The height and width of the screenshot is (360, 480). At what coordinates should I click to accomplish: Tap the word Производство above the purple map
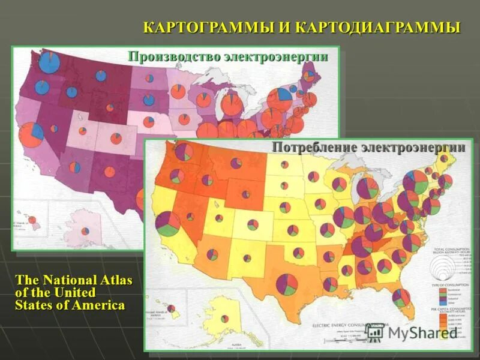pyautogui.click(x=174, y=57)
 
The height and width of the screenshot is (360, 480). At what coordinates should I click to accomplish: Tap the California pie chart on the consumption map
pyautogui.click(x=167, y=224)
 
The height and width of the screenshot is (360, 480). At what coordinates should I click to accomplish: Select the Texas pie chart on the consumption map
pyautogui.click(x=287, y=284)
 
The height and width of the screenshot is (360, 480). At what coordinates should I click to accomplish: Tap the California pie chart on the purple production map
pyautogui.click(x=31, y=134)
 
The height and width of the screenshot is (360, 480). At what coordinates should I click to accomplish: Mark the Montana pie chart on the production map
pyautogui.click(x=101, y=76)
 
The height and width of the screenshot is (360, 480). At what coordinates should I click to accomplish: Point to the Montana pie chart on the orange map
pyautogui.click(x=236, y=163)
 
